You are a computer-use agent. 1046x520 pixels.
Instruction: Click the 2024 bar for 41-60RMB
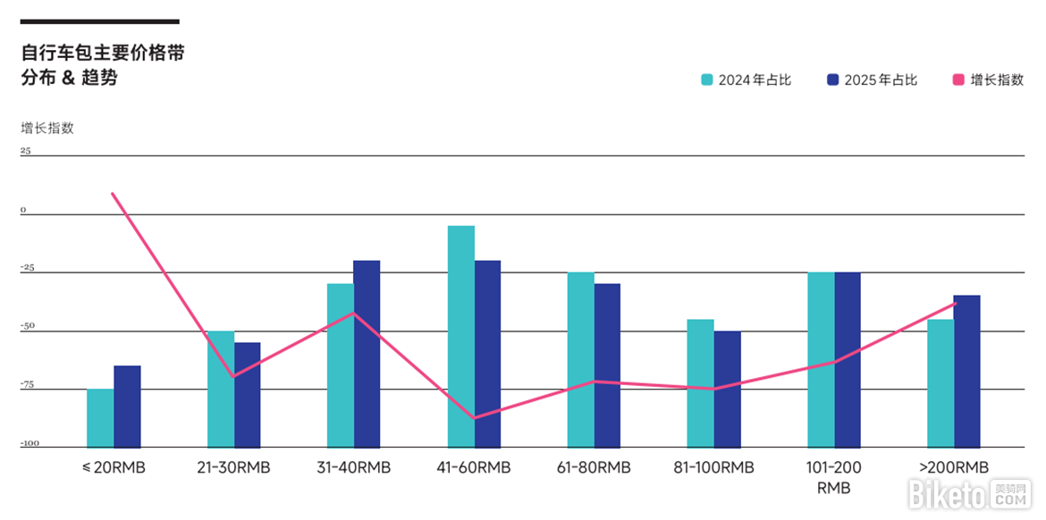point(461,336)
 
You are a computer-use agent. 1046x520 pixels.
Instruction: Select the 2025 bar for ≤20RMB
point(127,406)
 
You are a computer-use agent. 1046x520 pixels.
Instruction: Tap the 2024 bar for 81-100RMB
point(700,382)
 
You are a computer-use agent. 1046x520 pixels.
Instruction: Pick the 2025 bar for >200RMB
point(966,371)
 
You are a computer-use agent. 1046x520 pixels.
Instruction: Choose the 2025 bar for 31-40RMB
point(367,353)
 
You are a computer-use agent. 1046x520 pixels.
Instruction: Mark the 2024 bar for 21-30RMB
point(221,389)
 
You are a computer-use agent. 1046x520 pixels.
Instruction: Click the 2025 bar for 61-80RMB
point(607,365)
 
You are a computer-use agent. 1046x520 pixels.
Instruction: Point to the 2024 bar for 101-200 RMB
point(821,359)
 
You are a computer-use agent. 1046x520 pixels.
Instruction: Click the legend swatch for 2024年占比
point(707,80)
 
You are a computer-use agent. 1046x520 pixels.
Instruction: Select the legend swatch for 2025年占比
point(833,80)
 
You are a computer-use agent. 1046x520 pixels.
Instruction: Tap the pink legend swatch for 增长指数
point(958,80)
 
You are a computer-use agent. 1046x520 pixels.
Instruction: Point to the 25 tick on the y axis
point(26,151)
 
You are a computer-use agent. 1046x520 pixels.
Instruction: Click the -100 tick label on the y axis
point(30,443)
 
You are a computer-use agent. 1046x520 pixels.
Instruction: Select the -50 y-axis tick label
point(29,326)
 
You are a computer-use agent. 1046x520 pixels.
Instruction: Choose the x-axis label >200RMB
point(953,467)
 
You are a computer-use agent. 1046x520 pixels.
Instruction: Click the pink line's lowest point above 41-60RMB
point(474,418)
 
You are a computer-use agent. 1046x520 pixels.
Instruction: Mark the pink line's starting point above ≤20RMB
point(112,193)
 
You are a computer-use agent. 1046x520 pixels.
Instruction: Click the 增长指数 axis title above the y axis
point(47,128)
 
